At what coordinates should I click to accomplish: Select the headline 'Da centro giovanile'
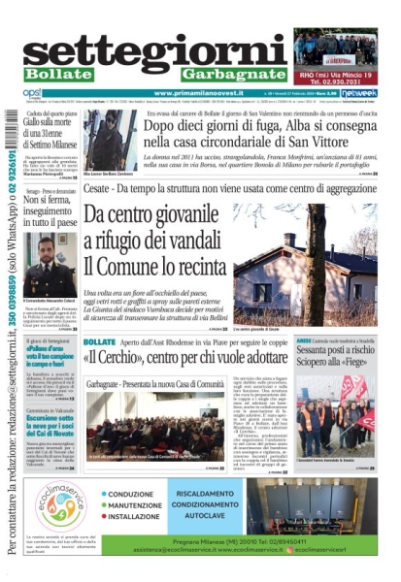(155, 217)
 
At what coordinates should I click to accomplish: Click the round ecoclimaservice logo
(62, 505)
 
